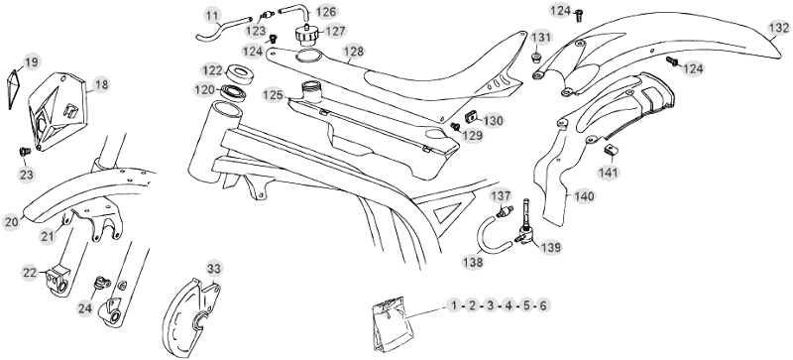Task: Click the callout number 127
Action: (335, 32)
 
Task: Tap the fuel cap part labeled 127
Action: (306, 35)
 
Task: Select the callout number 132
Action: (777, 28)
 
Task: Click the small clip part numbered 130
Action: (471, 117)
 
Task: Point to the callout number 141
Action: (608, 173)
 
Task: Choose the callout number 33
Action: (214, 269)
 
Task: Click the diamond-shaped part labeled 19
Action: (14, 89)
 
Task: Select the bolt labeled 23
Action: (24, 151)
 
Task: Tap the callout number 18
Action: (101, 84)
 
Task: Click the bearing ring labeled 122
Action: (240, 74)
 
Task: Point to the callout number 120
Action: (204, 90)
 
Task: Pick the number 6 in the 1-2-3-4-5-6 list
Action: (542, 305)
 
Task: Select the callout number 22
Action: (31, 273)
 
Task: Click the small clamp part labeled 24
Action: (101, 283)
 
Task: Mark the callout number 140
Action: (584, 196)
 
